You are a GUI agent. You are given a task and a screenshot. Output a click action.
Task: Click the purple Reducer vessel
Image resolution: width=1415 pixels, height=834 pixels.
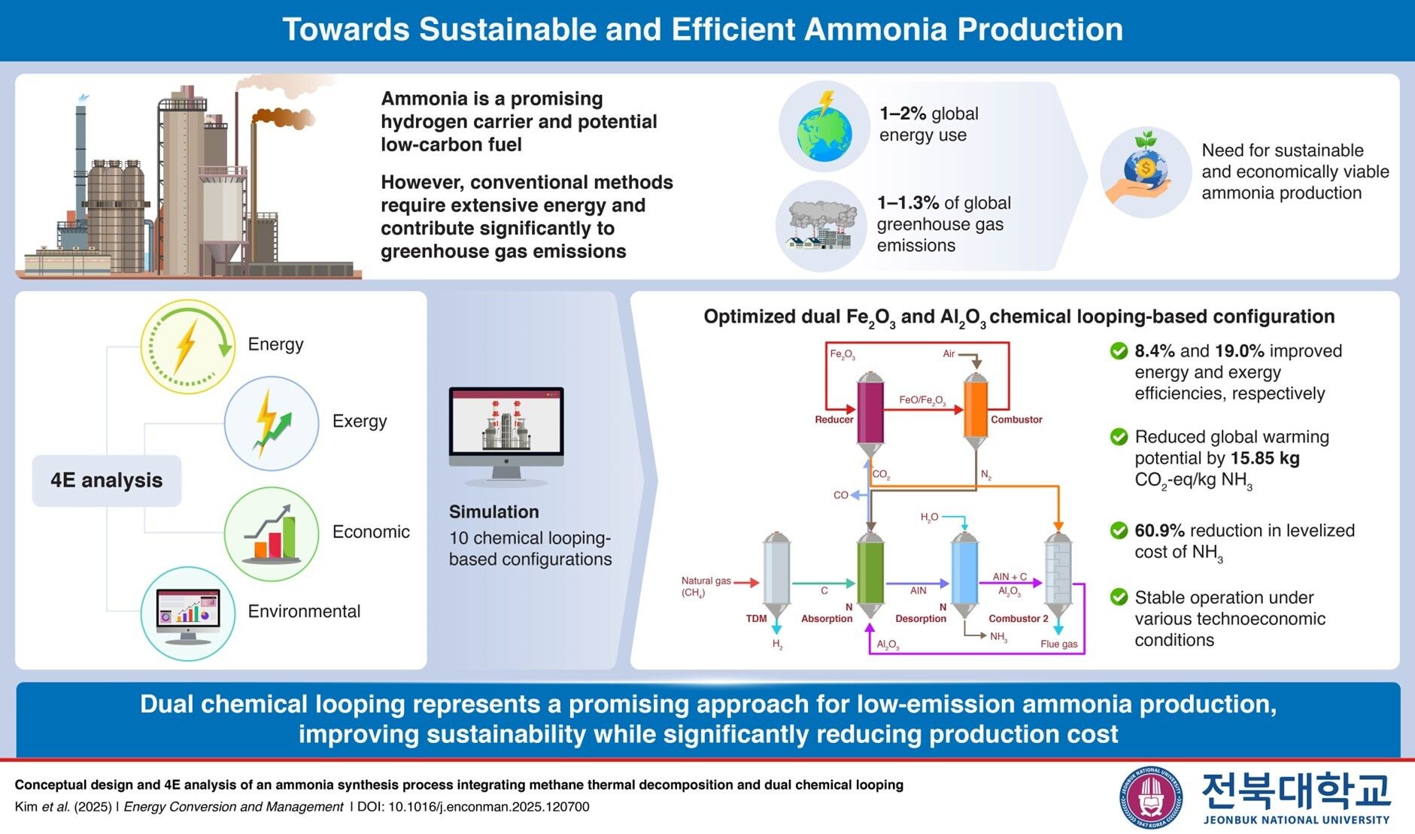point(870,411)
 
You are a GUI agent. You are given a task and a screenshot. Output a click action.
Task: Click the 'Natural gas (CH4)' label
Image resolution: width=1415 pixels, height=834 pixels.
point(706,587)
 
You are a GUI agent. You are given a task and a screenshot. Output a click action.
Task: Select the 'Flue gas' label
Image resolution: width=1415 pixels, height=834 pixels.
point(1058,644)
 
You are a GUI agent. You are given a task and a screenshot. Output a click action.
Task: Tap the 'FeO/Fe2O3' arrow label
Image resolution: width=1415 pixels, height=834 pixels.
point(922,401)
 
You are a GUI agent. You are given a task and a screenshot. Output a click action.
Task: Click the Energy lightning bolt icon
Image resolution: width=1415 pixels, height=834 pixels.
point(187,347)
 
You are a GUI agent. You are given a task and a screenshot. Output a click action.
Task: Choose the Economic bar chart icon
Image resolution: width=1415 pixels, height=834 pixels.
point(271,533)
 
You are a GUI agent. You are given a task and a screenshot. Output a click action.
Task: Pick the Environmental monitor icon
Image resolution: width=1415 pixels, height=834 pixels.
point(188,614)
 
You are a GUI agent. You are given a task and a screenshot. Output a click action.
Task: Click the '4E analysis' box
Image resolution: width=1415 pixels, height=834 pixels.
point(106,481)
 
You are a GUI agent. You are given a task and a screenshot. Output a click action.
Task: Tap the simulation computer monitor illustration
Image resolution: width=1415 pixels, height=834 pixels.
point(506,433)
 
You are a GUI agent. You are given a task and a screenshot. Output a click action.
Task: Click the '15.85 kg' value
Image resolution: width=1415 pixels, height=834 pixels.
point(1265,459)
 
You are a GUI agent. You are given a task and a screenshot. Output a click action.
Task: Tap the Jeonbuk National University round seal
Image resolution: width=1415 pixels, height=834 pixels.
point(1149,798)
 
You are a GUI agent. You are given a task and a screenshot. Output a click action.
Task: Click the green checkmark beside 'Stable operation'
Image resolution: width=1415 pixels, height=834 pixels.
point(1119,597)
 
